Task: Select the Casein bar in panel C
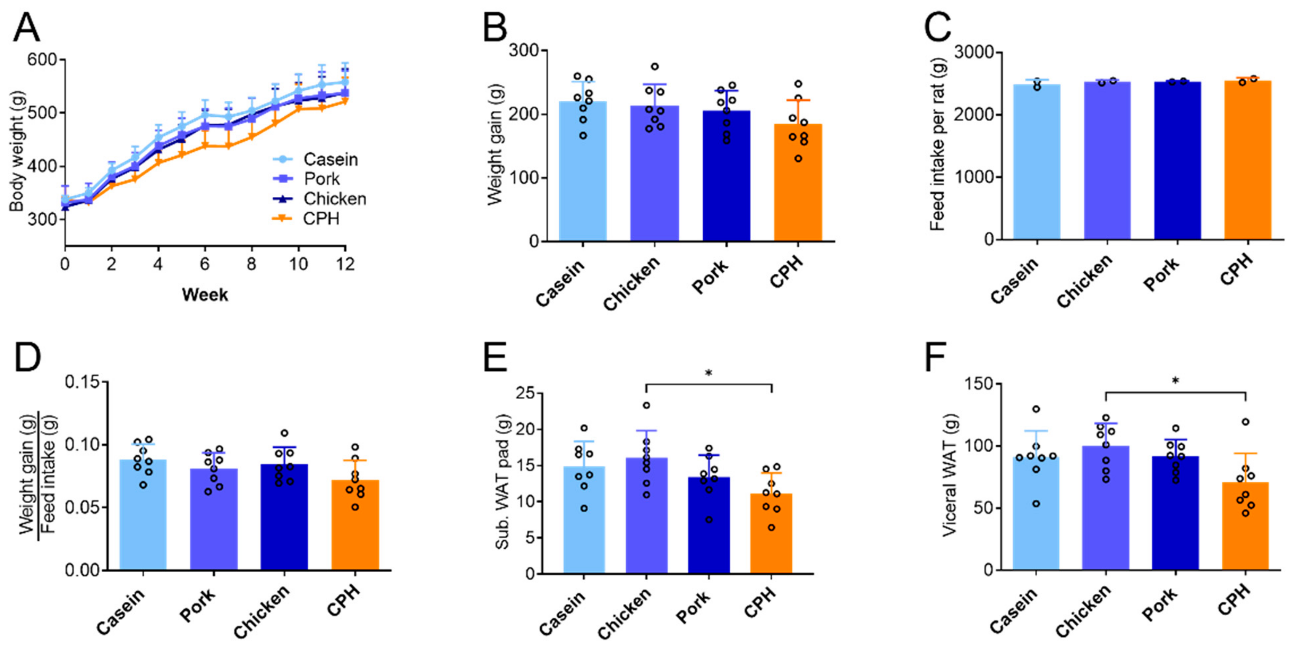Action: click(1037, 166)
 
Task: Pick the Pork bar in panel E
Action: click(708, 529)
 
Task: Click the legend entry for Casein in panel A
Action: click(330, 160)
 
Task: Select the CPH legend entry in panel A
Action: click(321, 219)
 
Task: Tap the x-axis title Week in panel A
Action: click(205, 295)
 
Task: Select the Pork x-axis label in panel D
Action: click(197, 606)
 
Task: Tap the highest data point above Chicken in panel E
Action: click(646, 405)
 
